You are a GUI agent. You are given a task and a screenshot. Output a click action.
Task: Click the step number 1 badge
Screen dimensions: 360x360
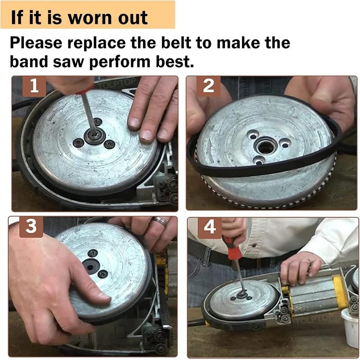pyautogui.click(x=34, y=86)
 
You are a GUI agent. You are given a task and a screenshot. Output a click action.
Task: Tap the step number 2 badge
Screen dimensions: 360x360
pyautogui.click(x=208, y=86)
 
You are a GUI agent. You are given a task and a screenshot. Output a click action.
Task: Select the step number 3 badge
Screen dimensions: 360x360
pyautogui.click(x=31, y=227)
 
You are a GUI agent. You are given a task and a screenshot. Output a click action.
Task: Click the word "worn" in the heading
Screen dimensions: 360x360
pyautogui.click(x=85, y=18)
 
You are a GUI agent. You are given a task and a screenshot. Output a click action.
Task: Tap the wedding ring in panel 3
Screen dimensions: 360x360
pyautogui.click(x=160, y=221)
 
